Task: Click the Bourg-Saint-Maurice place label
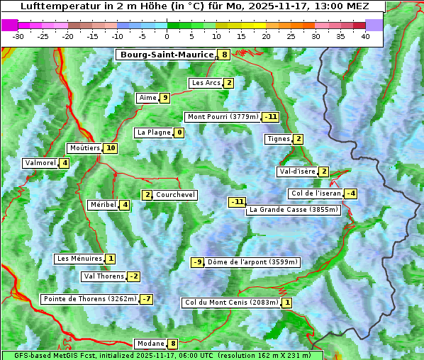click(x=167, y=55)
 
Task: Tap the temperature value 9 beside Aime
click(x=164, y=98)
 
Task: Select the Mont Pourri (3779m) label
click(x=222, y=117)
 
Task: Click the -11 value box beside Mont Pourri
click(x=270, y=117)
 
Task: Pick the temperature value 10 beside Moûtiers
click(x=110, y=148)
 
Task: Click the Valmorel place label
click(x=40, y=163)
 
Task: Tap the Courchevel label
click(x=175, y=195)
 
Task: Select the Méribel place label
click(x=103, y=205)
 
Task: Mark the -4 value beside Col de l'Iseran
click(x=350, y=193)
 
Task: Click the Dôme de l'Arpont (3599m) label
click(x=253, y=262)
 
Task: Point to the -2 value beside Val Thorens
click(x=133, y=276)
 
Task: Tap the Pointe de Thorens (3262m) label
click(x=89, y=299)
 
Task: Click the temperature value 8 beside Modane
click(x=172, y=344)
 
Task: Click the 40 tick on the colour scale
click(x=365, y=36)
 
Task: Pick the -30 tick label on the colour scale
click(x=18, y=36)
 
